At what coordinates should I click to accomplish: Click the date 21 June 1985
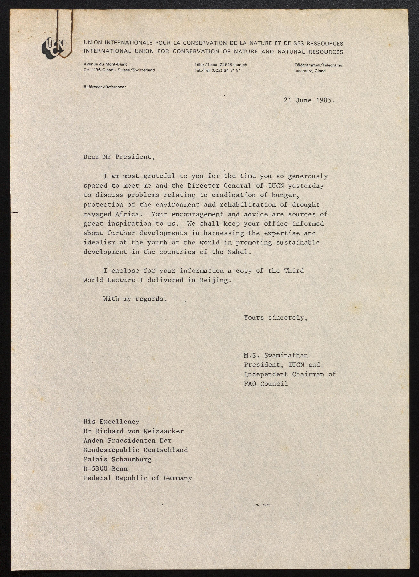click(x=309, y=100)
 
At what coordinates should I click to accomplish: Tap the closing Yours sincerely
click(x=276, y=318)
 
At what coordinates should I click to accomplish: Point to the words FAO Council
click(x=266, y=384)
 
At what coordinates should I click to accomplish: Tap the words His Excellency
click(x=111, y=422)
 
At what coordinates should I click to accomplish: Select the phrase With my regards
click(x=135, y=299)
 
